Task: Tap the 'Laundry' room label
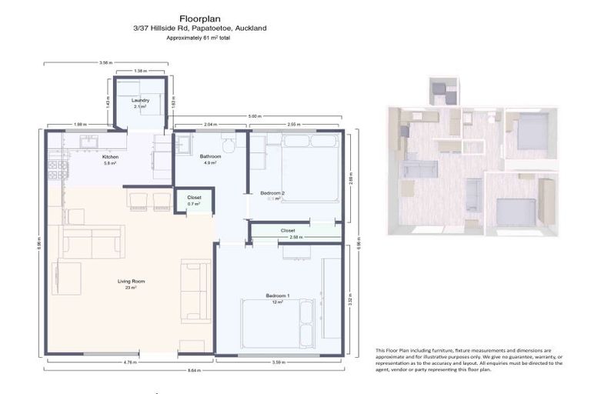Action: [x=139, y=100]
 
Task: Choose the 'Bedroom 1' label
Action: [x=277, y=296]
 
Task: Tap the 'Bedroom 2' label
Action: [x=272, y=192]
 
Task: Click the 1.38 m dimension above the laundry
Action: [x=139, y=71]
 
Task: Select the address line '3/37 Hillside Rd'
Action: [x=199, y=28]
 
